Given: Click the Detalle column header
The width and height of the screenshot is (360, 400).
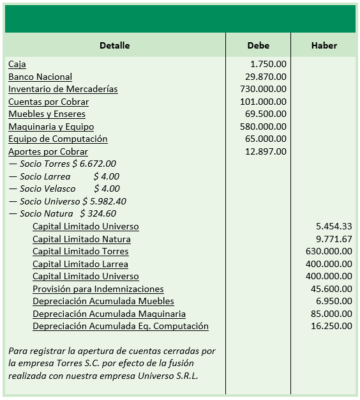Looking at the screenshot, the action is point(114,45).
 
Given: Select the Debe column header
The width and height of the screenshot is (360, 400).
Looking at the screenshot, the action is point(258,45).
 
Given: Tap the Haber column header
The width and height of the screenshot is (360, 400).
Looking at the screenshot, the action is point(324,45).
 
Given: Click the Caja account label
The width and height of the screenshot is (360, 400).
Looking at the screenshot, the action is point(17,65).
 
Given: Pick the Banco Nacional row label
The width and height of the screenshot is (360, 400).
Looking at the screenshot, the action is point(40,77).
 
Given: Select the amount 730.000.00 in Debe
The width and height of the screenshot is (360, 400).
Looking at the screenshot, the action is point(263,89).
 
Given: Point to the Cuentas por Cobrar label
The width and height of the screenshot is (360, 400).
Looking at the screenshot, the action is point(49,102).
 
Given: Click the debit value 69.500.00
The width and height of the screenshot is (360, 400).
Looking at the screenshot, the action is point(266,114).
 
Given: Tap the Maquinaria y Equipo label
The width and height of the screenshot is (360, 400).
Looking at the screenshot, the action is point(51,127).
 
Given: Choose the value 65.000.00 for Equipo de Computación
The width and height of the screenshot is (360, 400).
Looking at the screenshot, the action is point(266,139).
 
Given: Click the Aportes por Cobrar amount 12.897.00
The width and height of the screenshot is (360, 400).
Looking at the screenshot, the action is point(266,151).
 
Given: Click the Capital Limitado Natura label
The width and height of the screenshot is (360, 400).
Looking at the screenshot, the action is point(82,239).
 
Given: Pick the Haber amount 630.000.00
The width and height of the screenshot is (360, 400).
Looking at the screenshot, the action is point(329,252).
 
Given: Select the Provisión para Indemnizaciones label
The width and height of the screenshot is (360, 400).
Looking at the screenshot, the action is point(98,289).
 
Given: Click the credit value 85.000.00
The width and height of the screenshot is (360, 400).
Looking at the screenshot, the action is point(331,314).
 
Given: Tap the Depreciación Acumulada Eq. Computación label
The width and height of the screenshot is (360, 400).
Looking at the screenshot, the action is point(121,327).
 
